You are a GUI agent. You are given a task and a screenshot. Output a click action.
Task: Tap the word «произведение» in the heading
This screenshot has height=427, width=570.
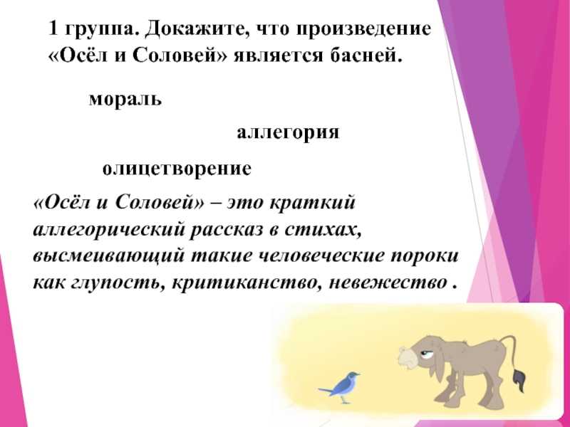(x=363, y=30)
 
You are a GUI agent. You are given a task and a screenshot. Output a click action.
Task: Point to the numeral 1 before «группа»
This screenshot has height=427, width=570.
(x=53, y=28)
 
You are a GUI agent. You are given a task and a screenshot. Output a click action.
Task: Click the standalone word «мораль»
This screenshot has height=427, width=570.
(x=125, y=98)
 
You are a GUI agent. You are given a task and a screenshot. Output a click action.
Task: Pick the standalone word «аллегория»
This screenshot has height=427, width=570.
(x=288, y=132)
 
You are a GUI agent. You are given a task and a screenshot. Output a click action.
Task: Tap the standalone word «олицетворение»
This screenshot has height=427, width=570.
(x=177, y=169)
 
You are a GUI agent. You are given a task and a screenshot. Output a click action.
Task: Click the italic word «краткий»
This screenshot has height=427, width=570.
(x=312, y=202)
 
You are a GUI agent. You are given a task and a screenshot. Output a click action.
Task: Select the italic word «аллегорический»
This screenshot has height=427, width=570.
(x=109, y=230)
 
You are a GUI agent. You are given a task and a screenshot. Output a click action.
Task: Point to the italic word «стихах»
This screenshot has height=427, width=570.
(x=323, y=229)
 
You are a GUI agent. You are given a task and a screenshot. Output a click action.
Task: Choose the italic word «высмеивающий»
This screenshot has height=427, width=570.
(x=108, y=257)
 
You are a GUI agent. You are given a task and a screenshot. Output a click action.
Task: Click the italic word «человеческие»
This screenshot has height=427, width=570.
(x=315, y=256)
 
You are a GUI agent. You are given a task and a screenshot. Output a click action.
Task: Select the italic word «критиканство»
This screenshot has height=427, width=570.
(x=247, y=283)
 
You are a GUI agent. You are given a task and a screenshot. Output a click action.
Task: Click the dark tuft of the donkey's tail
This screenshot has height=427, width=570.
(x=519, y=380)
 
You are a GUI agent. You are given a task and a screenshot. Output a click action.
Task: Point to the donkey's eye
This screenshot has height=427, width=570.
(x=425, y=353)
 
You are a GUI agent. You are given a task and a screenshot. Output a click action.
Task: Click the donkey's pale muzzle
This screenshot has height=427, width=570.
(x=407, y=357)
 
